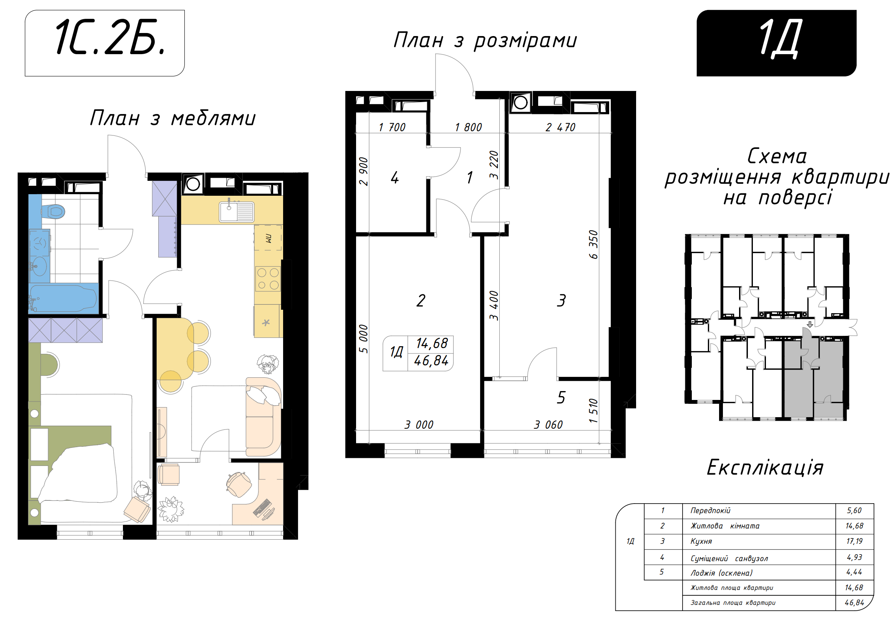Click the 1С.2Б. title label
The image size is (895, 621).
coord(111,37)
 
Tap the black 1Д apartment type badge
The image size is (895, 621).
coord(776,43)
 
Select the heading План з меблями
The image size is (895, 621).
coord(172,118)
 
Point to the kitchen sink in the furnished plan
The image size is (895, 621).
coord(236,211)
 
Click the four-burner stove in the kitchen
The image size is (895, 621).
coord(268,279)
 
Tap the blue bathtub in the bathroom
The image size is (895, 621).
coord(63,299)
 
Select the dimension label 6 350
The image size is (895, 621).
coord(593,245)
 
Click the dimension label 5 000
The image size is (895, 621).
coord(363,339)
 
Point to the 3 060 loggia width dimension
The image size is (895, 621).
coord(548,425)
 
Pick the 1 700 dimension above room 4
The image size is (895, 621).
coord(392,127)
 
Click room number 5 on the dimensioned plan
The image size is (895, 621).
coord(561,398)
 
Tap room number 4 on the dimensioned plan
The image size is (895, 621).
coord(395,178)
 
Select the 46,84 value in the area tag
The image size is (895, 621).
coord(431,361)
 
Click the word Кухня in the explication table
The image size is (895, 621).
coord(701,541)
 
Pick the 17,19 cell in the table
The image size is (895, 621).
coord(854,541)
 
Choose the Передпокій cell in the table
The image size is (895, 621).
coord(711,510)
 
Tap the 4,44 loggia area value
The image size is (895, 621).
coord(854,572)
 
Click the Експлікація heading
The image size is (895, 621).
coord(765,467)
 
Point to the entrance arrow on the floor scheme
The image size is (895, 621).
coord(810,324)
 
